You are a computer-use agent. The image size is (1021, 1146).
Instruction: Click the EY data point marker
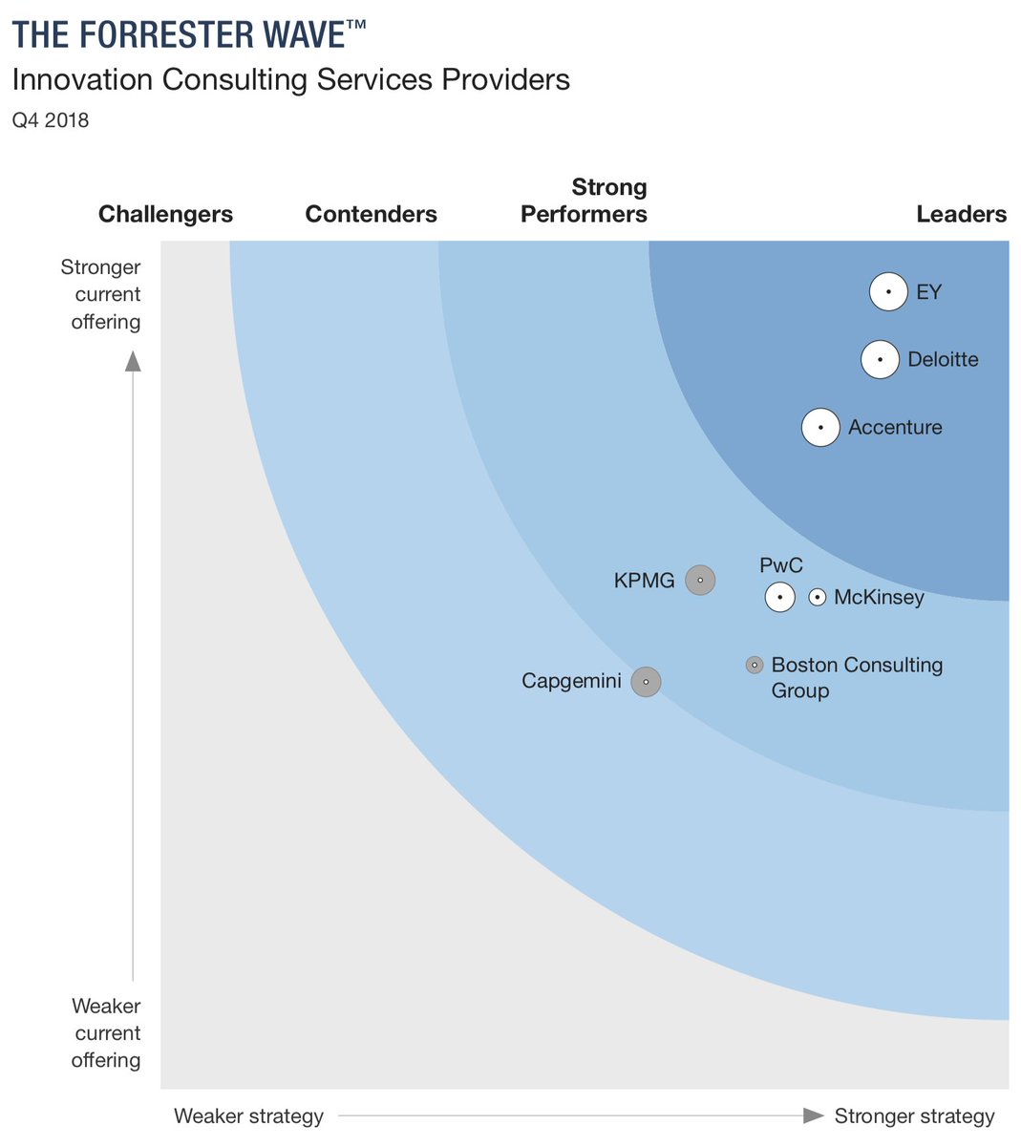pos(888,292)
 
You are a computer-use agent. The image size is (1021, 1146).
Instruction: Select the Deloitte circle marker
pos(880,360)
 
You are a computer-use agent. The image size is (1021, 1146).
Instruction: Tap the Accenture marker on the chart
pos(820,428)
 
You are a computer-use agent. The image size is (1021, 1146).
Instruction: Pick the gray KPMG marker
pos(700,580)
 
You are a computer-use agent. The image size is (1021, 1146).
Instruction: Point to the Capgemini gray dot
pos(647,682)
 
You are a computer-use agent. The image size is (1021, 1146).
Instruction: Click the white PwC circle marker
pos(780,598)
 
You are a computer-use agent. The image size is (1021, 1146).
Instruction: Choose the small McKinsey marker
pos(818,598)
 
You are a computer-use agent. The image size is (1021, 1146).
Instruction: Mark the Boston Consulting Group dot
pos(755,665)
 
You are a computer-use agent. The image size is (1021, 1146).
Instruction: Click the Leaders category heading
pos(961,214)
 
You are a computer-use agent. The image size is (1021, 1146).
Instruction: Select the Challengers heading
pos(165,214)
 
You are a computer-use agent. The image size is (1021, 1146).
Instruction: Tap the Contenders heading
pos(371,214)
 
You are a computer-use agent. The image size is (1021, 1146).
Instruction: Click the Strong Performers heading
pos(585,201)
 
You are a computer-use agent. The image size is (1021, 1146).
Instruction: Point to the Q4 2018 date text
pos(51,120)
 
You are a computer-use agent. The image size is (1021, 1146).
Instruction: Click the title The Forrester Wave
pos(188,35)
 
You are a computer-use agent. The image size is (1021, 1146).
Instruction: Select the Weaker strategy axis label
pos(248,1115)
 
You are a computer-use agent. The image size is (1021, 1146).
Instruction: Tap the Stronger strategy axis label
pos(914,1115)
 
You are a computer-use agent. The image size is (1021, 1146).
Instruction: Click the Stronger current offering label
pos(103,294)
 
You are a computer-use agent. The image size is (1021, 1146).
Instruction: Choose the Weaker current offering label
pos(106,1032)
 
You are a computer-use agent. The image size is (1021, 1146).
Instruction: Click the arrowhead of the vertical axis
pos(134,361)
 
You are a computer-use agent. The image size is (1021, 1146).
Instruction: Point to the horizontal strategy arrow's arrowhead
pos(813,1115)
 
